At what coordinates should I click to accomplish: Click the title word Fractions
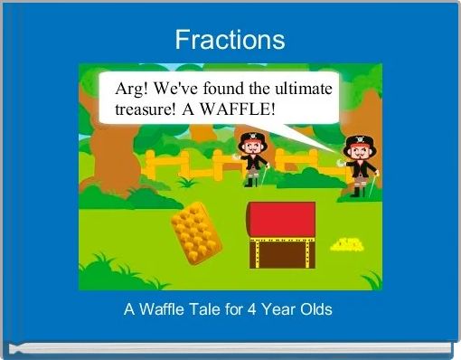pyautogui.click(x=230, y=40)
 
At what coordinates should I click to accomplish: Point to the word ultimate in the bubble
pyautogui.click(x=302, y=90)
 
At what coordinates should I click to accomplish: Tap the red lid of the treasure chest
pyautogui.click(x=281, y=218)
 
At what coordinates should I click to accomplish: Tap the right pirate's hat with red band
pyautogui.click(x=357, y=142)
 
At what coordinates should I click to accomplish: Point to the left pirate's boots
pyautogui.click(x=250, y=181)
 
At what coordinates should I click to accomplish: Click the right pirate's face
pyautogui.click(x=358, y=154)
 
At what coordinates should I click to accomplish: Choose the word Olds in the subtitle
pyautogui.click(x=315, y=309)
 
